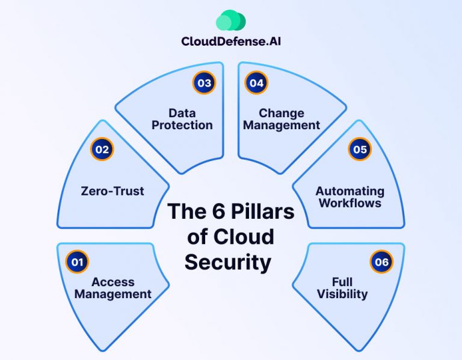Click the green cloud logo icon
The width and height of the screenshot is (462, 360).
pyautogui.click(x=230, y=20)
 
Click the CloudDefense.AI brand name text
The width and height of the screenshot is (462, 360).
pyautogui.click(x=230, y=41)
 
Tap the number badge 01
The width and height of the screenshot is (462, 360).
pyautogui.click(x=77, y=261)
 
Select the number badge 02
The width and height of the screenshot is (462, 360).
pyautogui.click(x=102, y=149)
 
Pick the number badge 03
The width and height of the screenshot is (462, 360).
pyautogui.click(x=204, y=83)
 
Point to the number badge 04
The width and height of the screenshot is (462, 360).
pyautogui.click(x=256, y=83)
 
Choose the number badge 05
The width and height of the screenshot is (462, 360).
pyautogui.click(x=360, y=149)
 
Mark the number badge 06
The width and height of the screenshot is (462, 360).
pyautogui.click(x=381, y=261)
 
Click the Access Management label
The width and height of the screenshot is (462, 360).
pyautogui.click(x=113, y=288)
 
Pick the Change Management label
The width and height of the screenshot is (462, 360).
pyautogui.click(x=282, y=119)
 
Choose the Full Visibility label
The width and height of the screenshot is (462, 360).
pyautogui.click(x=350, y=288)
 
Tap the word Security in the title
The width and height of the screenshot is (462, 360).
pyautogui.click(x=228, y=262)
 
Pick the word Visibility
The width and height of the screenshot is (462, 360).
pyautogui.click(x=350, y=294)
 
